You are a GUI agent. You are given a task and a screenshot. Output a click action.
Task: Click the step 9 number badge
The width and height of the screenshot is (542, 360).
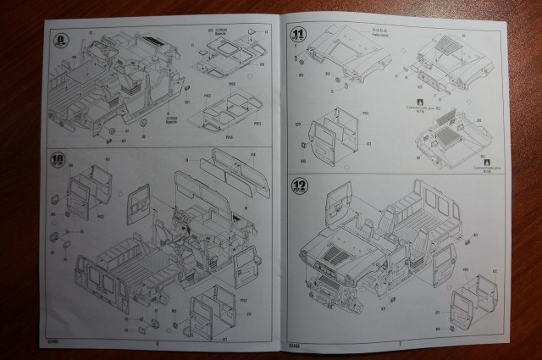point(61,39)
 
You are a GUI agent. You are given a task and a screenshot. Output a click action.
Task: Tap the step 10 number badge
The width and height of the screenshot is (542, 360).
point(58,158)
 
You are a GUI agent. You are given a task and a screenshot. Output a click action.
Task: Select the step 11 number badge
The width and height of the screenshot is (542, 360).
point(297,34)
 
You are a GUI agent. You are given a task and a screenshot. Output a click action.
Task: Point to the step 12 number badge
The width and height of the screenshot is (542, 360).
point(298,185)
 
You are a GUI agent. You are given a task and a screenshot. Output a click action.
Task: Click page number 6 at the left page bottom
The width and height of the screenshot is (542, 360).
point(158,344)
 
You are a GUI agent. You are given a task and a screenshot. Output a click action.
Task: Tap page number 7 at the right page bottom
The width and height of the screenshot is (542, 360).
point(398,343)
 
